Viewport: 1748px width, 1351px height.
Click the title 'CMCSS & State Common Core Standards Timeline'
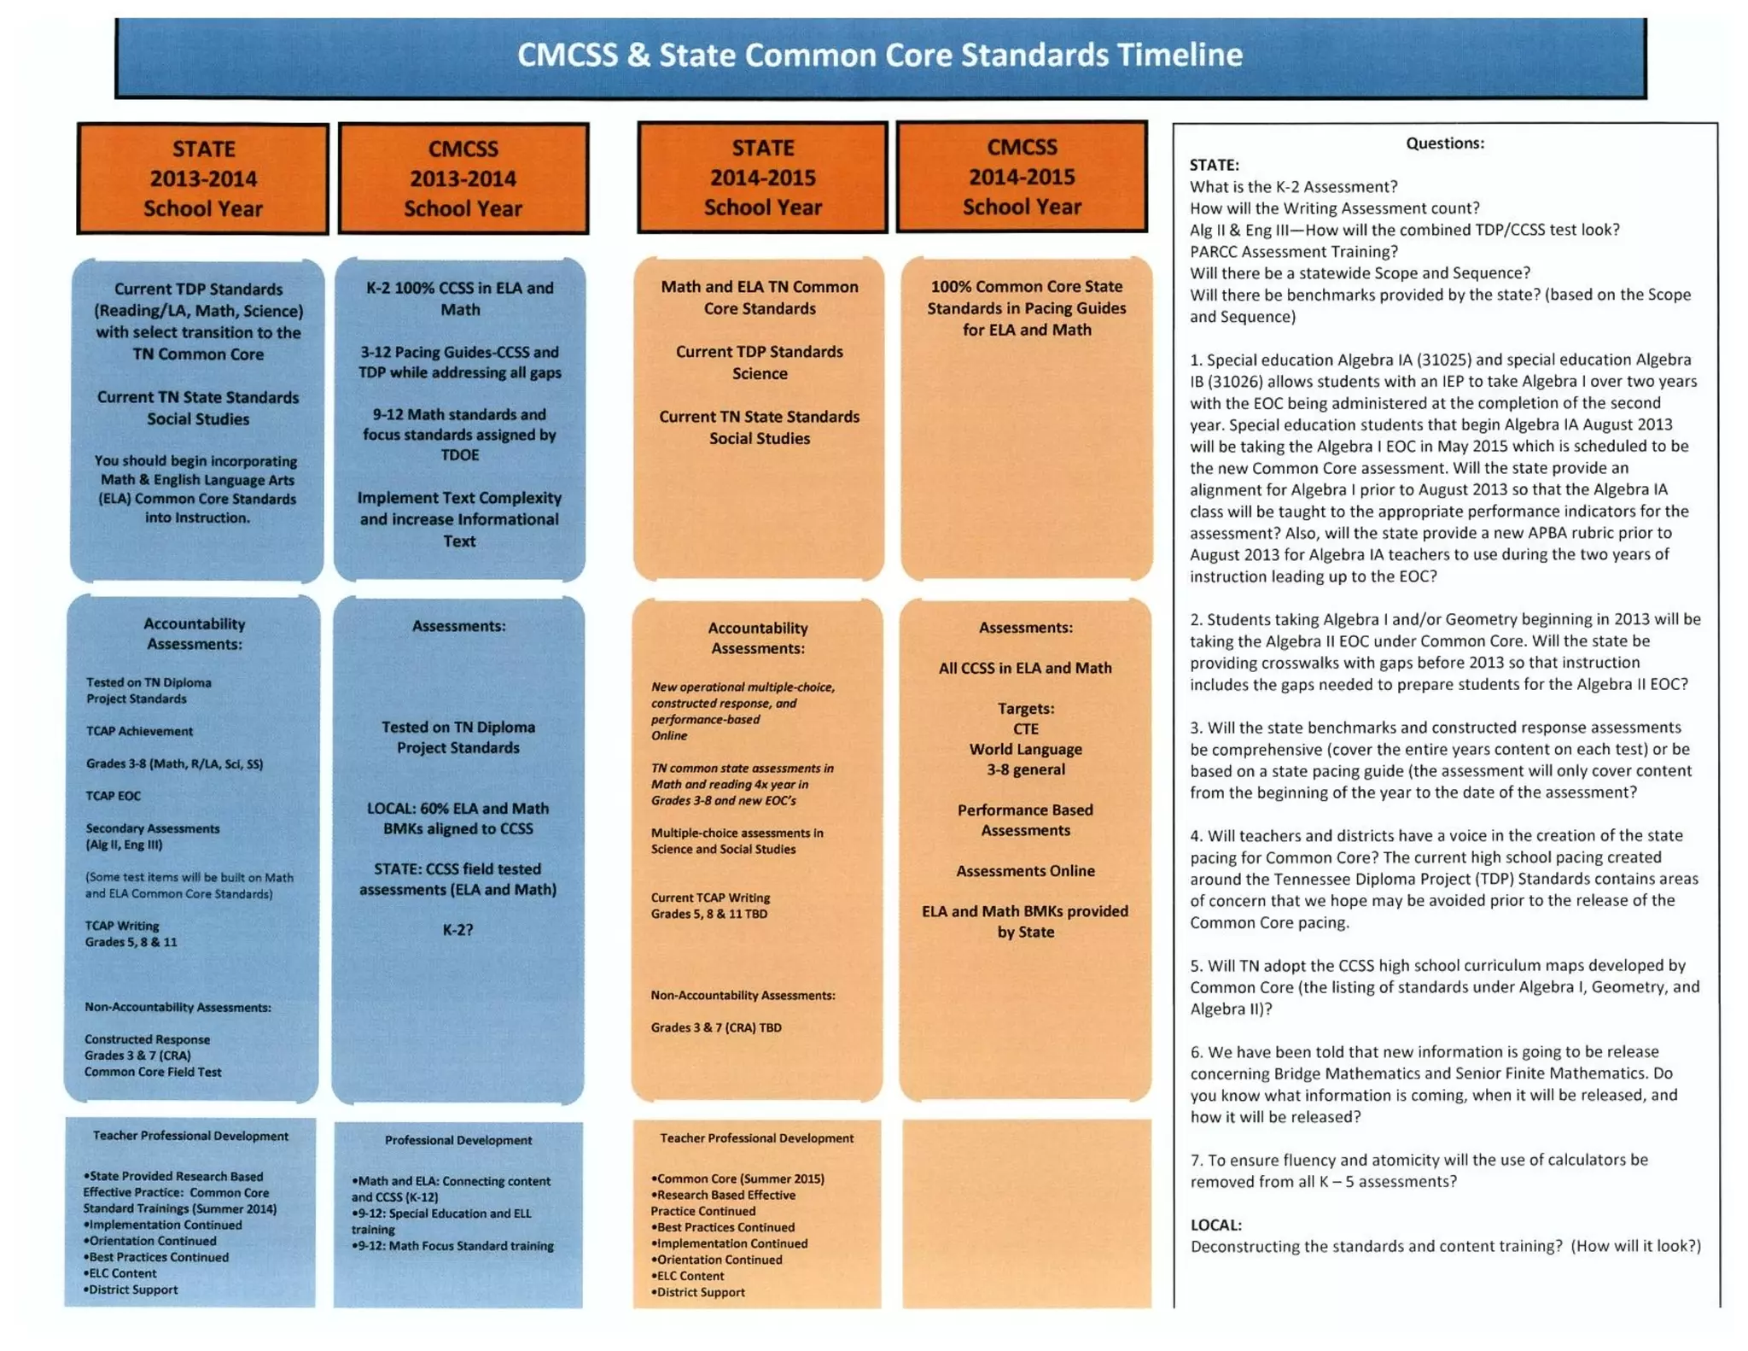click(x=880, y=56)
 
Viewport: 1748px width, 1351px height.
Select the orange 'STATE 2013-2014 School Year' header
click(x=203, y=178)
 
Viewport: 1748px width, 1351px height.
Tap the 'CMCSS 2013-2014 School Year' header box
click(x=463, y=178)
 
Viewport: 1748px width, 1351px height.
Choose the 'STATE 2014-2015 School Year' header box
click(x=762, y=178)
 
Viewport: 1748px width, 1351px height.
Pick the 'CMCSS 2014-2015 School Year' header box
click(x=1022, y=177)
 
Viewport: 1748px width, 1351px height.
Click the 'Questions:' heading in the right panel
click(x=1444, y=143)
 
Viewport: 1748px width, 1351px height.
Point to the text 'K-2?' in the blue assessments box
click(x=457, y=930)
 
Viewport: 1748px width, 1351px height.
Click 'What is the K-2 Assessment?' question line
click(x=1293, y=187)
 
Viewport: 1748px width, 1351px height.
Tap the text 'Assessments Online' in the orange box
click(x=1025, y=871)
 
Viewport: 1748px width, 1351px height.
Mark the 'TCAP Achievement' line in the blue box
click(x=139, y=731)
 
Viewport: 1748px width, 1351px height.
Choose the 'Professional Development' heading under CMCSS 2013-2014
click(x=458, y=1140)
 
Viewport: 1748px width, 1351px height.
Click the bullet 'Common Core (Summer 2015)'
click(x=739, y=1179)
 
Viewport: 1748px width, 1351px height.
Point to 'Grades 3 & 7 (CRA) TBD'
click(x=716, y=1027)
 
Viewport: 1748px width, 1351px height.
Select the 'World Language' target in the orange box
click(x=1025, y=749)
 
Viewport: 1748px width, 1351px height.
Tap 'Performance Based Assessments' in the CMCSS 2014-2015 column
click(x=1025, y=820)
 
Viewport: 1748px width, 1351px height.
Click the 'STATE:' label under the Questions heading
click(x=1214, y=165)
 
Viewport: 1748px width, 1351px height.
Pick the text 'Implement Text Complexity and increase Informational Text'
click(x=459, y=519)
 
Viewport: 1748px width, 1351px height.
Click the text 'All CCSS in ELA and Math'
click(x=1025, y=668)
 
